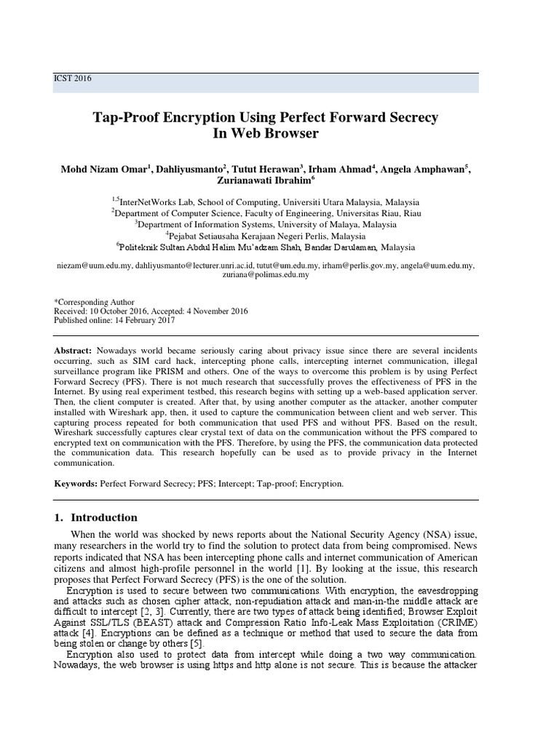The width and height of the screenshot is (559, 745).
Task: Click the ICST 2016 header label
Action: (x=73, y=79)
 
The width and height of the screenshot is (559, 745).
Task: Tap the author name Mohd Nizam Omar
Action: (x=103, y=170)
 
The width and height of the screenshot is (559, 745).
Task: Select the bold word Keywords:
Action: (x=76, y=483)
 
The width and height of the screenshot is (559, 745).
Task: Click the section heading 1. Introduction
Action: (x=95, y=518)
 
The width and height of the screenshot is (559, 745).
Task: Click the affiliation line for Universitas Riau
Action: (x=266, y=213)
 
